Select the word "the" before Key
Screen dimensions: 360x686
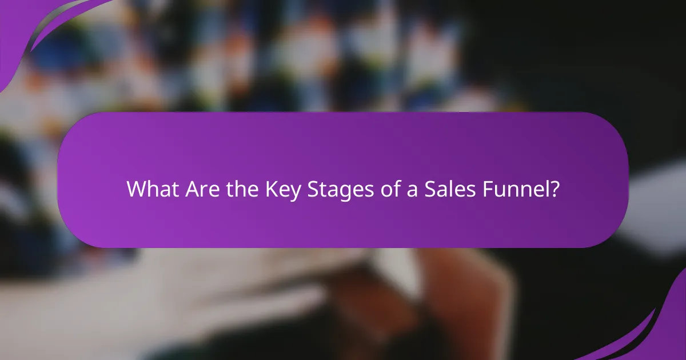tap(235, 189)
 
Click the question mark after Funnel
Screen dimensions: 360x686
tap(553, 189)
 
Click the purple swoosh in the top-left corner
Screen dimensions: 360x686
tap(34, 23)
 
